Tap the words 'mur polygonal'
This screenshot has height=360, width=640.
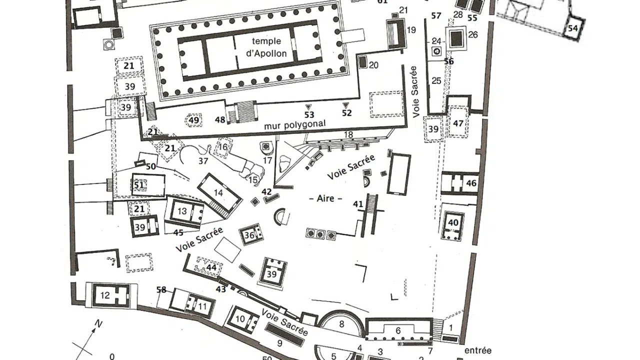(x=295, y=124)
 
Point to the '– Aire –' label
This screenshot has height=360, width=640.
(x=329, y=198)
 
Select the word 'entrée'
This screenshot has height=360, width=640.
(x=477, y=350)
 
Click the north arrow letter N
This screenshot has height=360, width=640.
(x=98, y=324)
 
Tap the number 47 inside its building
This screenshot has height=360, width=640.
(x=458, y=124)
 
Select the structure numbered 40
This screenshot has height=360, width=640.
(x=453, y=222)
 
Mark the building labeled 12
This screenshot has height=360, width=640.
(x=104, y=295)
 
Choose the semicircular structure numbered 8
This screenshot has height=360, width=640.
(x=341, y=324)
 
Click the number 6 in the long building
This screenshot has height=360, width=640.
(x=398, y=330)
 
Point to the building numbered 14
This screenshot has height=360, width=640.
(x=218, y=193)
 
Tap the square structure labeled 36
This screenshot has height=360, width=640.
(x=249, y=234)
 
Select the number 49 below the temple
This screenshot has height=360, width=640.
(x=193, y=120)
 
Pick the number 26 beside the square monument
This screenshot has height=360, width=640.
(x=473, y=34)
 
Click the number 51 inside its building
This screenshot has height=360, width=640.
(x=139, y=185)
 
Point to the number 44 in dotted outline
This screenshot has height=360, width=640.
(x=211, y=268)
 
